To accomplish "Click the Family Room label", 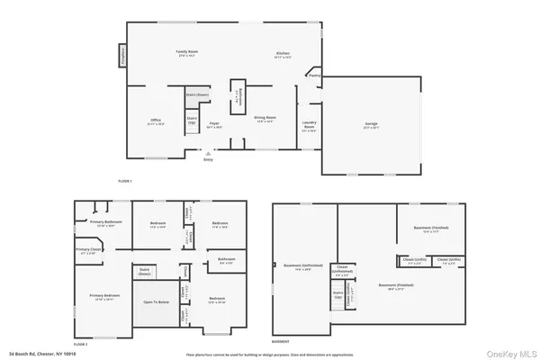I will pyautogui.click(x=186, y=53).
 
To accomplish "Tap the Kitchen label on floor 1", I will pyautogui.click(x=282, y=54).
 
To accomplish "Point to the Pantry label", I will pyautogui.click(x=314, y=76).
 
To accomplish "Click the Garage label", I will pyautogui.click(x=371, y=127).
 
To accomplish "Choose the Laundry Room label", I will pyautogui.click(x=309, y=127).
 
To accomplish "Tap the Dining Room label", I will pyautogui.click(x=265, y=119).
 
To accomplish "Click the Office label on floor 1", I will pyautogui.click(x=156, y=121).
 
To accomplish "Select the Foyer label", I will pyautogui.click(x=215, y=123).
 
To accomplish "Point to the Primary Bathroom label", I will pyautogui.click(x=105, y=221).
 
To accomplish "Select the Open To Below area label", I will pyautogui.click(x=156, y=302).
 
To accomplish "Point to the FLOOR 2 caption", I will pyautogui.click(x=81, y=343).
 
